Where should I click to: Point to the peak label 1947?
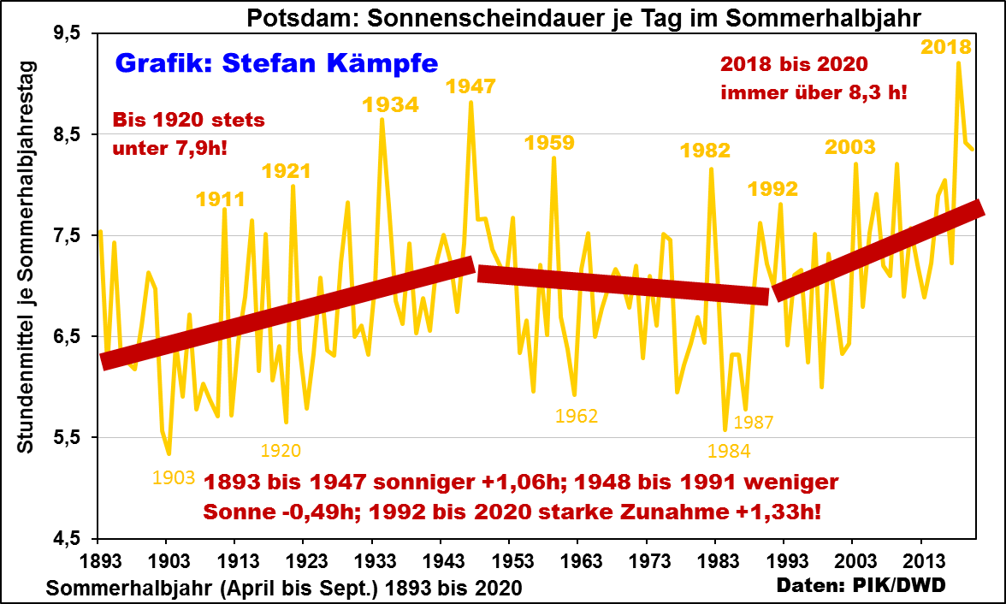tap(470, 86)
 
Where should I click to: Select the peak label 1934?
tap(390, 104)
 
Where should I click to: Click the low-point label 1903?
tap(174, 477)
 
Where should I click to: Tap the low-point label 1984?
tap(729, 451)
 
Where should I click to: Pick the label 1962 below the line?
tap(577, 416)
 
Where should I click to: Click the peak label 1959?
tap(549, 142)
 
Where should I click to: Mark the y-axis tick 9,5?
tap(67, 33)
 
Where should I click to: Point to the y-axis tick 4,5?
tap(67, 538)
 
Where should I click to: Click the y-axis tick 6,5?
tap(67, 336)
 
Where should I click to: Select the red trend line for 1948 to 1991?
tap(623, 285)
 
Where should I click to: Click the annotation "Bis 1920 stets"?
tap(189, 120)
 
